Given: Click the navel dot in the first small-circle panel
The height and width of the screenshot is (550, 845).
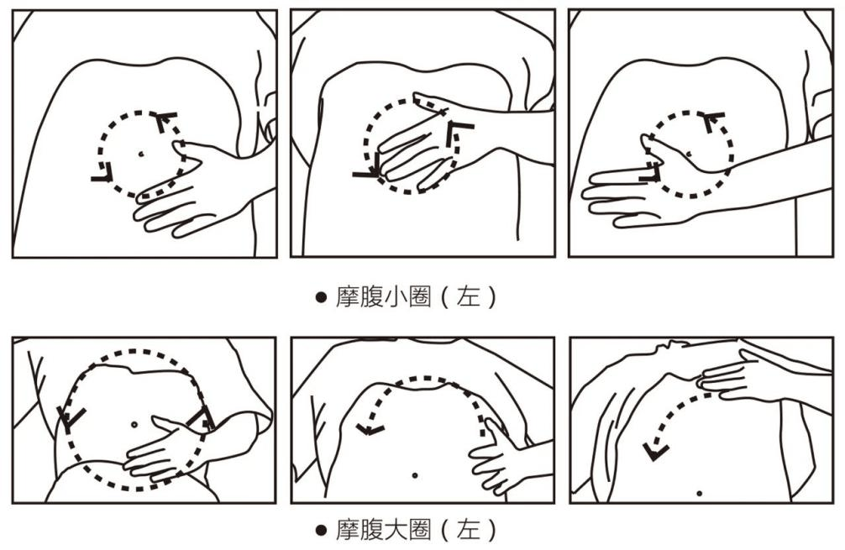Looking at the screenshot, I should click(x=140, y=154).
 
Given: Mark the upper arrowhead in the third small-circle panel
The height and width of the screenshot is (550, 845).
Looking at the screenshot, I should click(x=714, y=121).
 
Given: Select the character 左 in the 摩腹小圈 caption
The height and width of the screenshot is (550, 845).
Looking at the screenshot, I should click(x=468, y=297).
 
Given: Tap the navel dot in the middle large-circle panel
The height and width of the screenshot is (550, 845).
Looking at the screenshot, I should click(x=414, y=475).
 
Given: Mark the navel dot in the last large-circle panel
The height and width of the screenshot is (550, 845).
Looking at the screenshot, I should click(x=699, y=492).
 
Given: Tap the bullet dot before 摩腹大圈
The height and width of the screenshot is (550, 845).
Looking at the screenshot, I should click(x=320, y=531).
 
